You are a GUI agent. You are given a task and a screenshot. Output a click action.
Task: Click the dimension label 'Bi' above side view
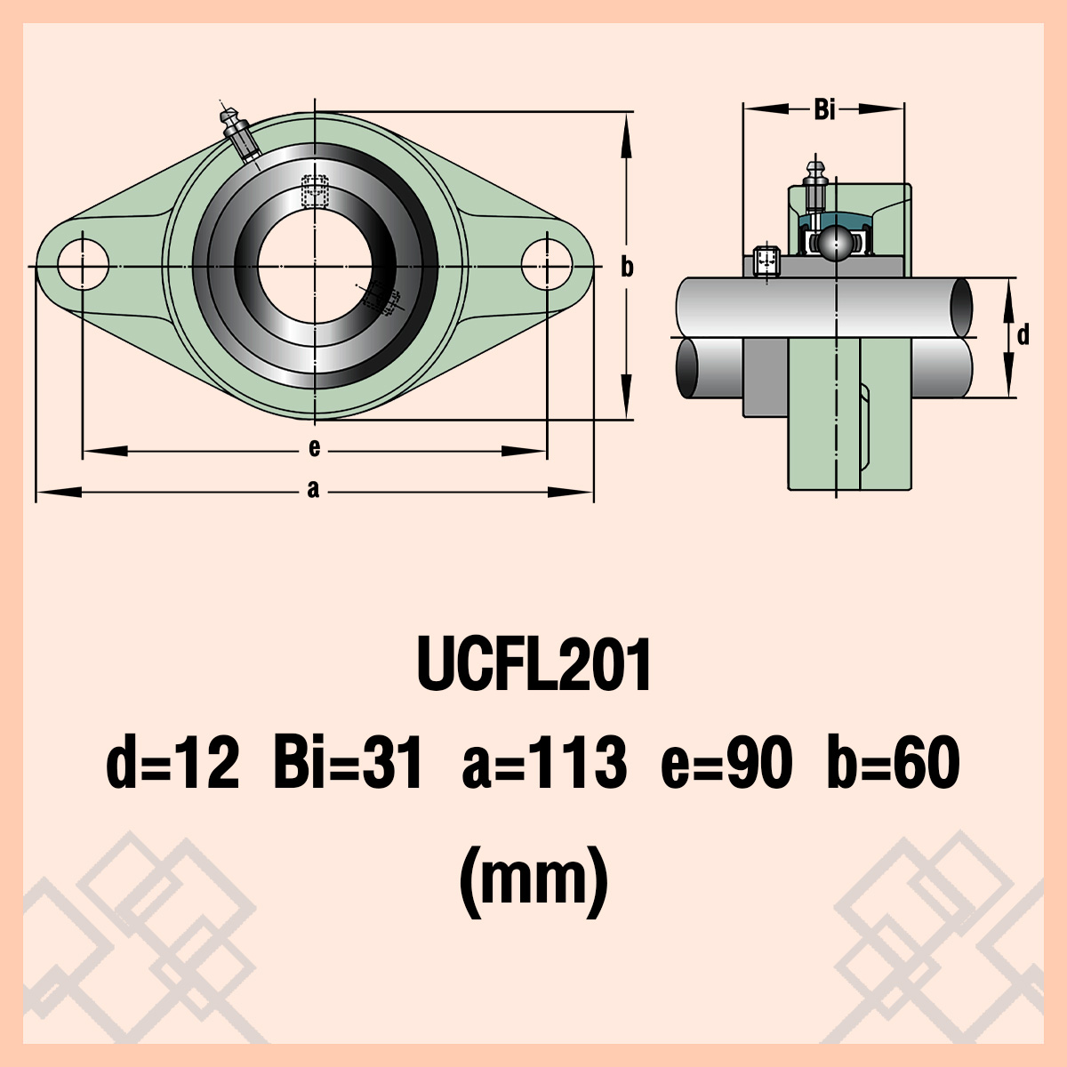pos(824,109)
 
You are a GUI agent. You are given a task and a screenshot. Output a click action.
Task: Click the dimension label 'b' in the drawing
pos(627,266)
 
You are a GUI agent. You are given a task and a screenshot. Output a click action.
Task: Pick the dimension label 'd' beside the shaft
pos(1023,335)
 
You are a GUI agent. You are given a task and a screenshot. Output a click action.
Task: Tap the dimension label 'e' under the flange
pos(314,448)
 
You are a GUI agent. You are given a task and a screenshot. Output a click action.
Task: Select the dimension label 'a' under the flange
pos(313,489)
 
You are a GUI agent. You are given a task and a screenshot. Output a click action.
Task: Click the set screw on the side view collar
pos(766,261)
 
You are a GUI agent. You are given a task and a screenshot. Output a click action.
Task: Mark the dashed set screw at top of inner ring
pos(315,189)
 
